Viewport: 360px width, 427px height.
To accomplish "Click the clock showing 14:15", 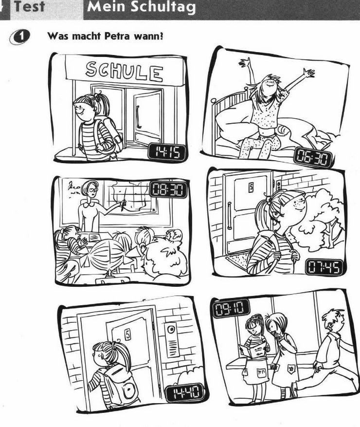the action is [167, 152].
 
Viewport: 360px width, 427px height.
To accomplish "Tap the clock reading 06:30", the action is [313, 157].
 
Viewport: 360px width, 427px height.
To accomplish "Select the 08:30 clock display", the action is [169, 189].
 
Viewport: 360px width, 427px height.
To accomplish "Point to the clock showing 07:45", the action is [324, 267].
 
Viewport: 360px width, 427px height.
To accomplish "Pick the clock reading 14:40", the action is [185, 392].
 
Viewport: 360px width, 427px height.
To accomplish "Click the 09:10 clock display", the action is [231, 308].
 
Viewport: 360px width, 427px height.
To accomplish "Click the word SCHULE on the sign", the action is [125, 72].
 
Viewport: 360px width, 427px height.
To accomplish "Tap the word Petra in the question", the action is [117, 36].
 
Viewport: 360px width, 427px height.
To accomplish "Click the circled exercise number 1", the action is [20, 37].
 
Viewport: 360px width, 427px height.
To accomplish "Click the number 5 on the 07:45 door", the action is [251, 187].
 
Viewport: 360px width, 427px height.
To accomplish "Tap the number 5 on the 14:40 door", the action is [127, 334].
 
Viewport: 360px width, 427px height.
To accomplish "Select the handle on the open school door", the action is [139, 117].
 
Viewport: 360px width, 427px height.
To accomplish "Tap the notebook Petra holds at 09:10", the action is [252, 350].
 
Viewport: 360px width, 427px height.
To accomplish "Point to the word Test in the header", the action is [30, 6].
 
